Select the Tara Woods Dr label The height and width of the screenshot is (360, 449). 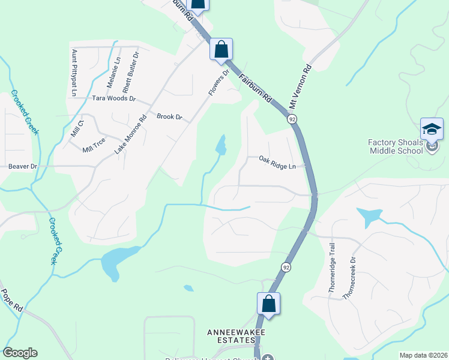pyautogui.click(x=113, y=98)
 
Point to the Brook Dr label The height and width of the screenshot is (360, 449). pyautogui.click(x=169, y=116)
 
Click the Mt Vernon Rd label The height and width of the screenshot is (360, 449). pyautogui.click(x=301, y=86)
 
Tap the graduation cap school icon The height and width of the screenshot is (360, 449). pyautogui.click(x=432, y=129)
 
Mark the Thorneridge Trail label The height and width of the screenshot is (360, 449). pyautogui.click(x=331, y=268)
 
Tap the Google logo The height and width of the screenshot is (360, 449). pyautogui.click(x=20, y=353)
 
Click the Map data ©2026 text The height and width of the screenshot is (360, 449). pyautogui.click(x=423, y=355)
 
